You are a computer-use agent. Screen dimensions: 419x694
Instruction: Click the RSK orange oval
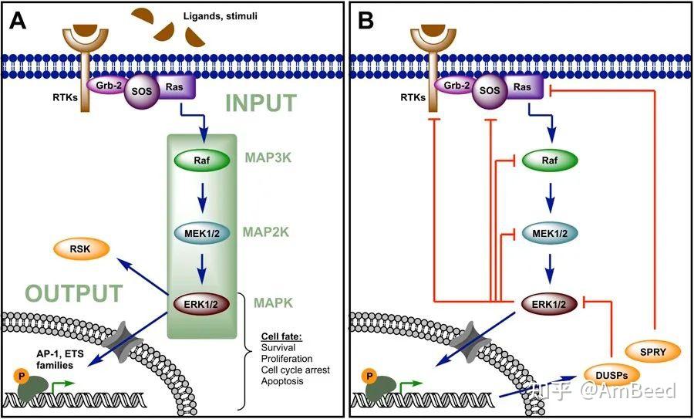point(79,251)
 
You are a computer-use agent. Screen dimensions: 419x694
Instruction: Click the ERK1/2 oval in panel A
point(200,303)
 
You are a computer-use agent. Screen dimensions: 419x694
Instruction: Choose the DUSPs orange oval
point(612,374)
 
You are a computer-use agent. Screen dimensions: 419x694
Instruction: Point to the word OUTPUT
point(73,294)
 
